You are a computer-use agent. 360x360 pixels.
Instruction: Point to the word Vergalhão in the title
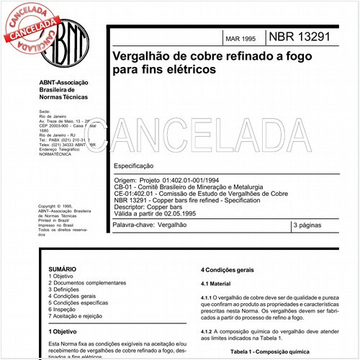(140, 56)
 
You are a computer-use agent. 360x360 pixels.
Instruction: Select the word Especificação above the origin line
(137, 166)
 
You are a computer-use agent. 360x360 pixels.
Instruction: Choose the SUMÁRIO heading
(63, 267)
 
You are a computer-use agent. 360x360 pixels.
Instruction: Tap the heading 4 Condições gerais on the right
(227, 270)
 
